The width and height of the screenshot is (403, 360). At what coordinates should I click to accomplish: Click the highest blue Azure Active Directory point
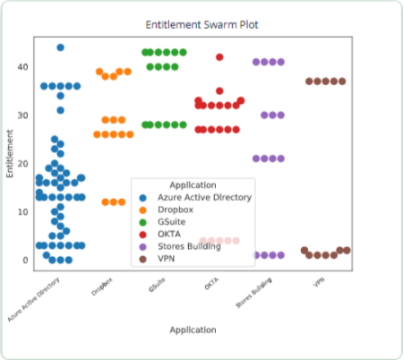click(60, 47)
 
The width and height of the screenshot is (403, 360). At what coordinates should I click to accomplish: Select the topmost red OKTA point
click(219, 57)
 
